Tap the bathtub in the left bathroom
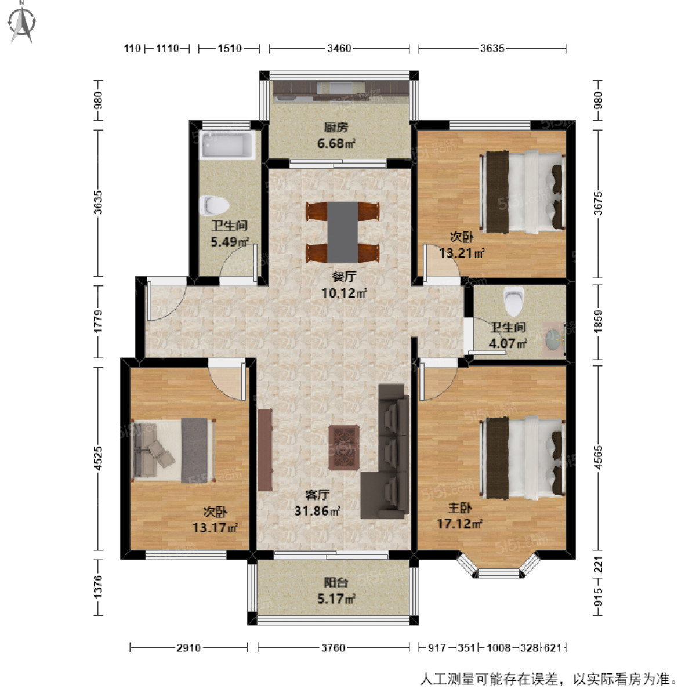click(x=227, y=145)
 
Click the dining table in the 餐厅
click(x=343, y=231)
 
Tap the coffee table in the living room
click(x=344, y=447)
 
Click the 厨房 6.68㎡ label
click(x=336, y=135)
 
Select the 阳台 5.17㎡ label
click(x=336, y=591)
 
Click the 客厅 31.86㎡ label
click(x=317, y=503)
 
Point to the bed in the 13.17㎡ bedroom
click(x=173, y=450)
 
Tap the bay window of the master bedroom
click(x=498, y=566)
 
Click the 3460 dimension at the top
click(x=339, y=49)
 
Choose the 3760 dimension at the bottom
click(x=333, y=647)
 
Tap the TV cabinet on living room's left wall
click(x=265, y=449)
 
